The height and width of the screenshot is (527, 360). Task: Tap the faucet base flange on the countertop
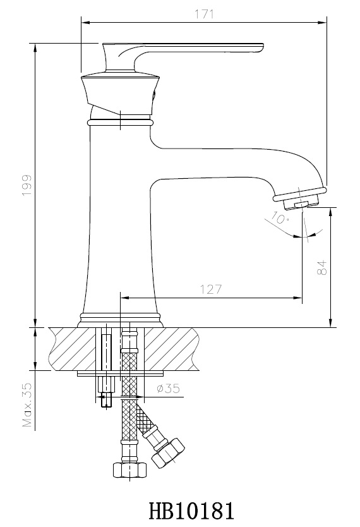click(120, 320)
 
